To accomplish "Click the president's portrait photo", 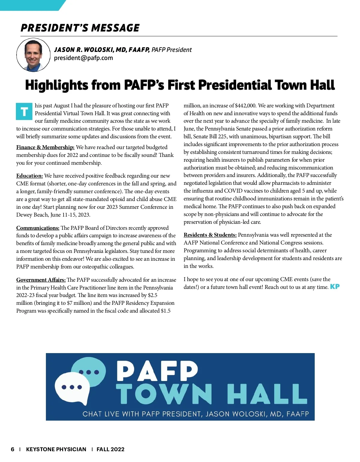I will (33, 55).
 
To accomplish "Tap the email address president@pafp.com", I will (83, 58).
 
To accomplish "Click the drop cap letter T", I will (24, 112).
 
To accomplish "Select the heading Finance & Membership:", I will (45, 147).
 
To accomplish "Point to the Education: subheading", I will (29, 176).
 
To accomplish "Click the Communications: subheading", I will (38, 228).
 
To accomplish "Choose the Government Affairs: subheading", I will (41, 280).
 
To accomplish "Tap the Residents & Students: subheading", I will (210, 235).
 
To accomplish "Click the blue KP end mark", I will (335, 286).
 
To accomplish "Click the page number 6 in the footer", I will (13, 449).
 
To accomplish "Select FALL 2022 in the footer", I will (110, 449).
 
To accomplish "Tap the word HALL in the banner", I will (267, 394).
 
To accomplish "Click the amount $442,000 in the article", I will (245, 106).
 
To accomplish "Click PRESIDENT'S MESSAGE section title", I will (80, 28).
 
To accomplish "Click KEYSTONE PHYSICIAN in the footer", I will (56, 449).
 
